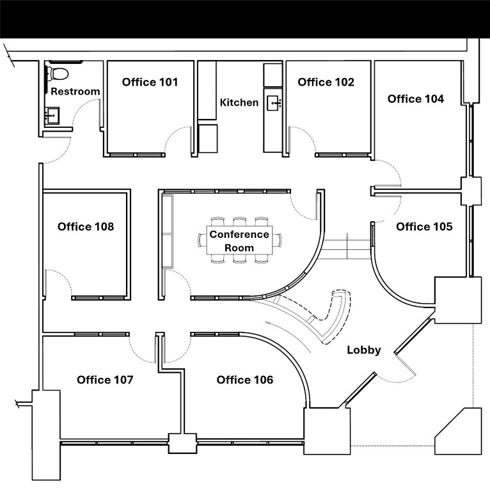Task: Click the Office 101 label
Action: click(150, 82)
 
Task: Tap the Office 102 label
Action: click(326, 82)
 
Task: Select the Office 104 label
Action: click(415, 98)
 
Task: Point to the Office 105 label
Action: click(424, 227)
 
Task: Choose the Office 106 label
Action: click(245, 380)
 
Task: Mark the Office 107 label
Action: click(105, 380)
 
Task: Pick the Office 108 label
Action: click(86, 226)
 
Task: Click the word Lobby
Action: click(364, 350)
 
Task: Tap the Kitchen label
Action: click(239, 102)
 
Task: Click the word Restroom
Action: click(75, 91)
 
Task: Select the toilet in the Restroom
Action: click(56, 72)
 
